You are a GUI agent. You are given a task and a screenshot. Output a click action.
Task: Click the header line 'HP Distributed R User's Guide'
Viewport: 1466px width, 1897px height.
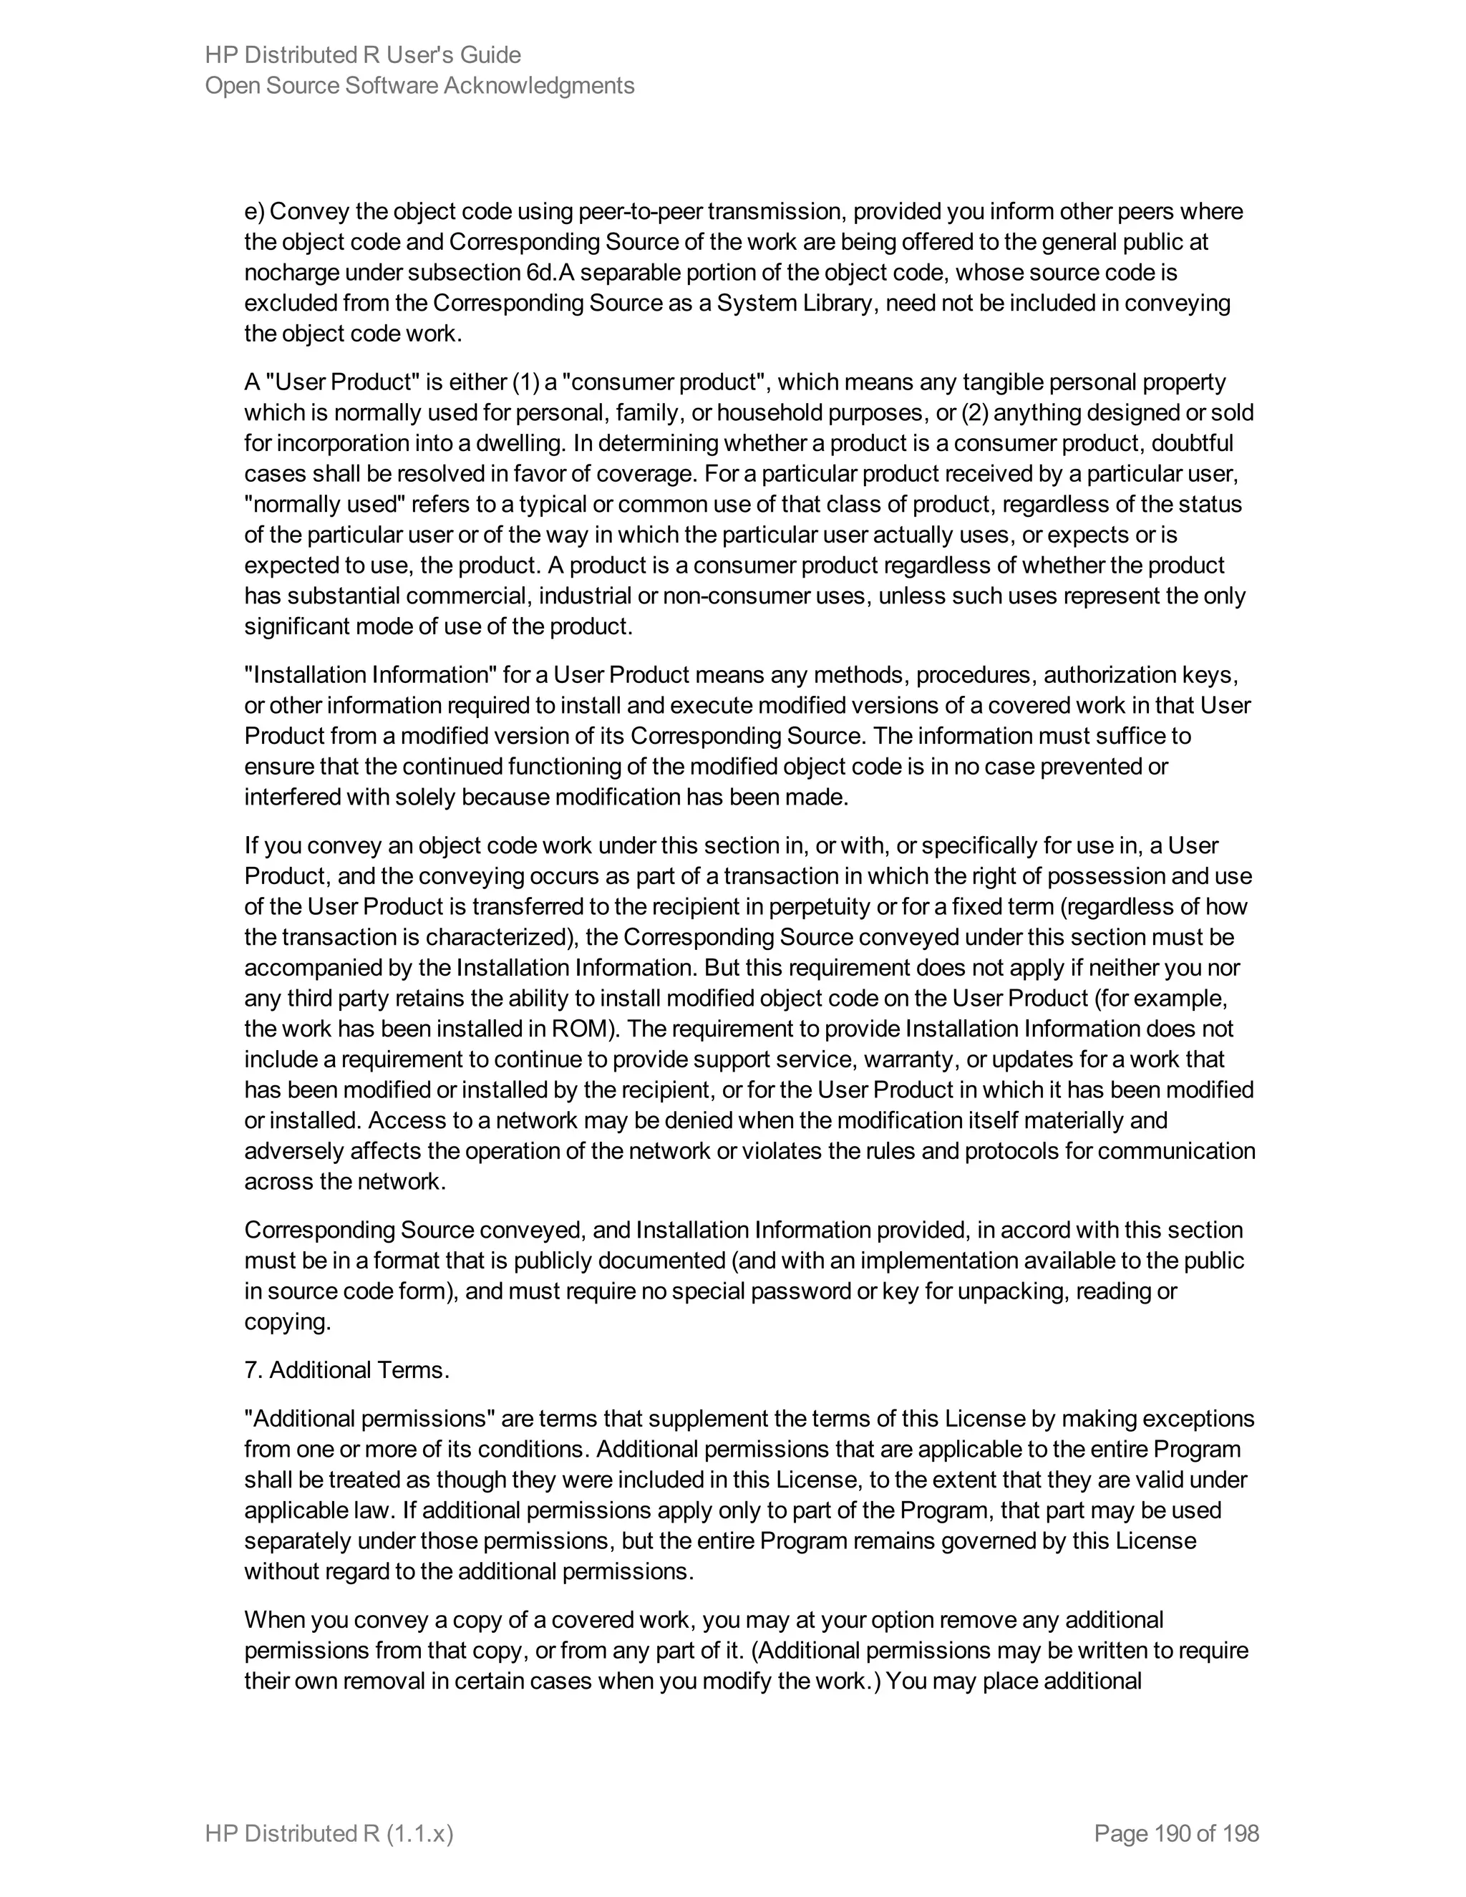362,54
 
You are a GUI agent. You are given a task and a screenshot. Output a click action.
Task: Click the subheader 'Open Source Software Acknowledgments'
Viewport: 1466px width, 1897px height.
419,85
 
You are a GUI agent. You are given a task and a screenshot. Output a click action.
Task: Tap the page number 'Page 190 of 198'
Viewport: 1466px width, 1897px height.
1176,1833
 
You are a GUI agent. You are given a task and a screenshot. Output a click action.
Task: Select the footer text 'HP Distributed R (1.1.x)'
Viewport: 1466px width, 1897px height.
329,1833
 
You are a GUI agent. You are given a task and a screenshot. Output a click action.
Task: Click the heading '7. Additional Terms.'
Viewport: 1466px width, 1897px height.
346,1369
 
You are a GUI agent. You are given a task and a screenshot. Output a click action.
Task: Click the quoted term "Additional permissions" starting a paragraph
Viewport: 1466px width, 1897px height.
370,1418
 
